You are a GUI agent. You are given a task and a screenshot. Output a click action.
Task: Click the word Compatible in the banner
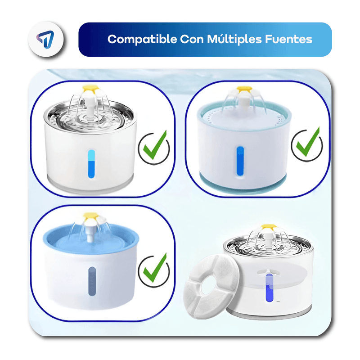(142, 39)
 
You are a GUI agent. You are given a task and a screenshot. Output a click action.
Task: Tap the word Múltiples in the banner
(234, 39)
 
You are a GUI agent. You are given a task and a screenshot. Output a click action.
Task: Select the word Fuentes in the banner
(288, 39)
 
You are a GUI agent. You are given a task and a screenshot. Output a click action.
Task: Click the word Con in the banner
(192, 39)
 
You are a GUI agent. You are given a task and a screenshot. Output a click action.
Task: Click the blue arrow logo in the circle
(45, 39)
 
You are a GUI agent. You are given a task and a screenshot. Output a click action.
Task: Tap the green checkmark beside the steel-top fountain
(155, 145)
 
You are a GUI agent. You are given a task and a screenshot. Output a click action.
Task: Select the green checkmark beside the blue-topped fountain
(155, 268)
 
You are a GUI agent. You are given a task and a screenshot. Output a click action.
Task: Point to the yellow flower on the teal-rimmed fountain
(244, 89)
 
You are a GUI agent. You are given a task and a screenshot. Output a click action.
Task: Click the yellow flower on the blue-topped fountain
(91, 216)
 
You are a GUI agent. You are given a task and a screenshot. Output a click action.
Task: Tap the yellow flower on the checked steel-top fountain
(91, 88)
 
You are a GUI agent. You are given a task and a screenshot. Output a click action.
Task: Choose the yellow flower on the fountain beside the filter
(269, 227)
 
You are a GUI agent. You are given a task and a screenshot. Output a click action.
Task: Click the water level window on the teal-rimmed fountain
(240, 161)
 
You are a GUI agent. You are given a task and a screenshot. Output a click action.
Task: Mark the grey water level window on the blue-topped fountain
(92, 281)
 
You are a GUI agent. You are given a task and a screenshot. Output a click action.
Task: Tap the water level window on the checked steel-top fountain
(91, 164)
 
